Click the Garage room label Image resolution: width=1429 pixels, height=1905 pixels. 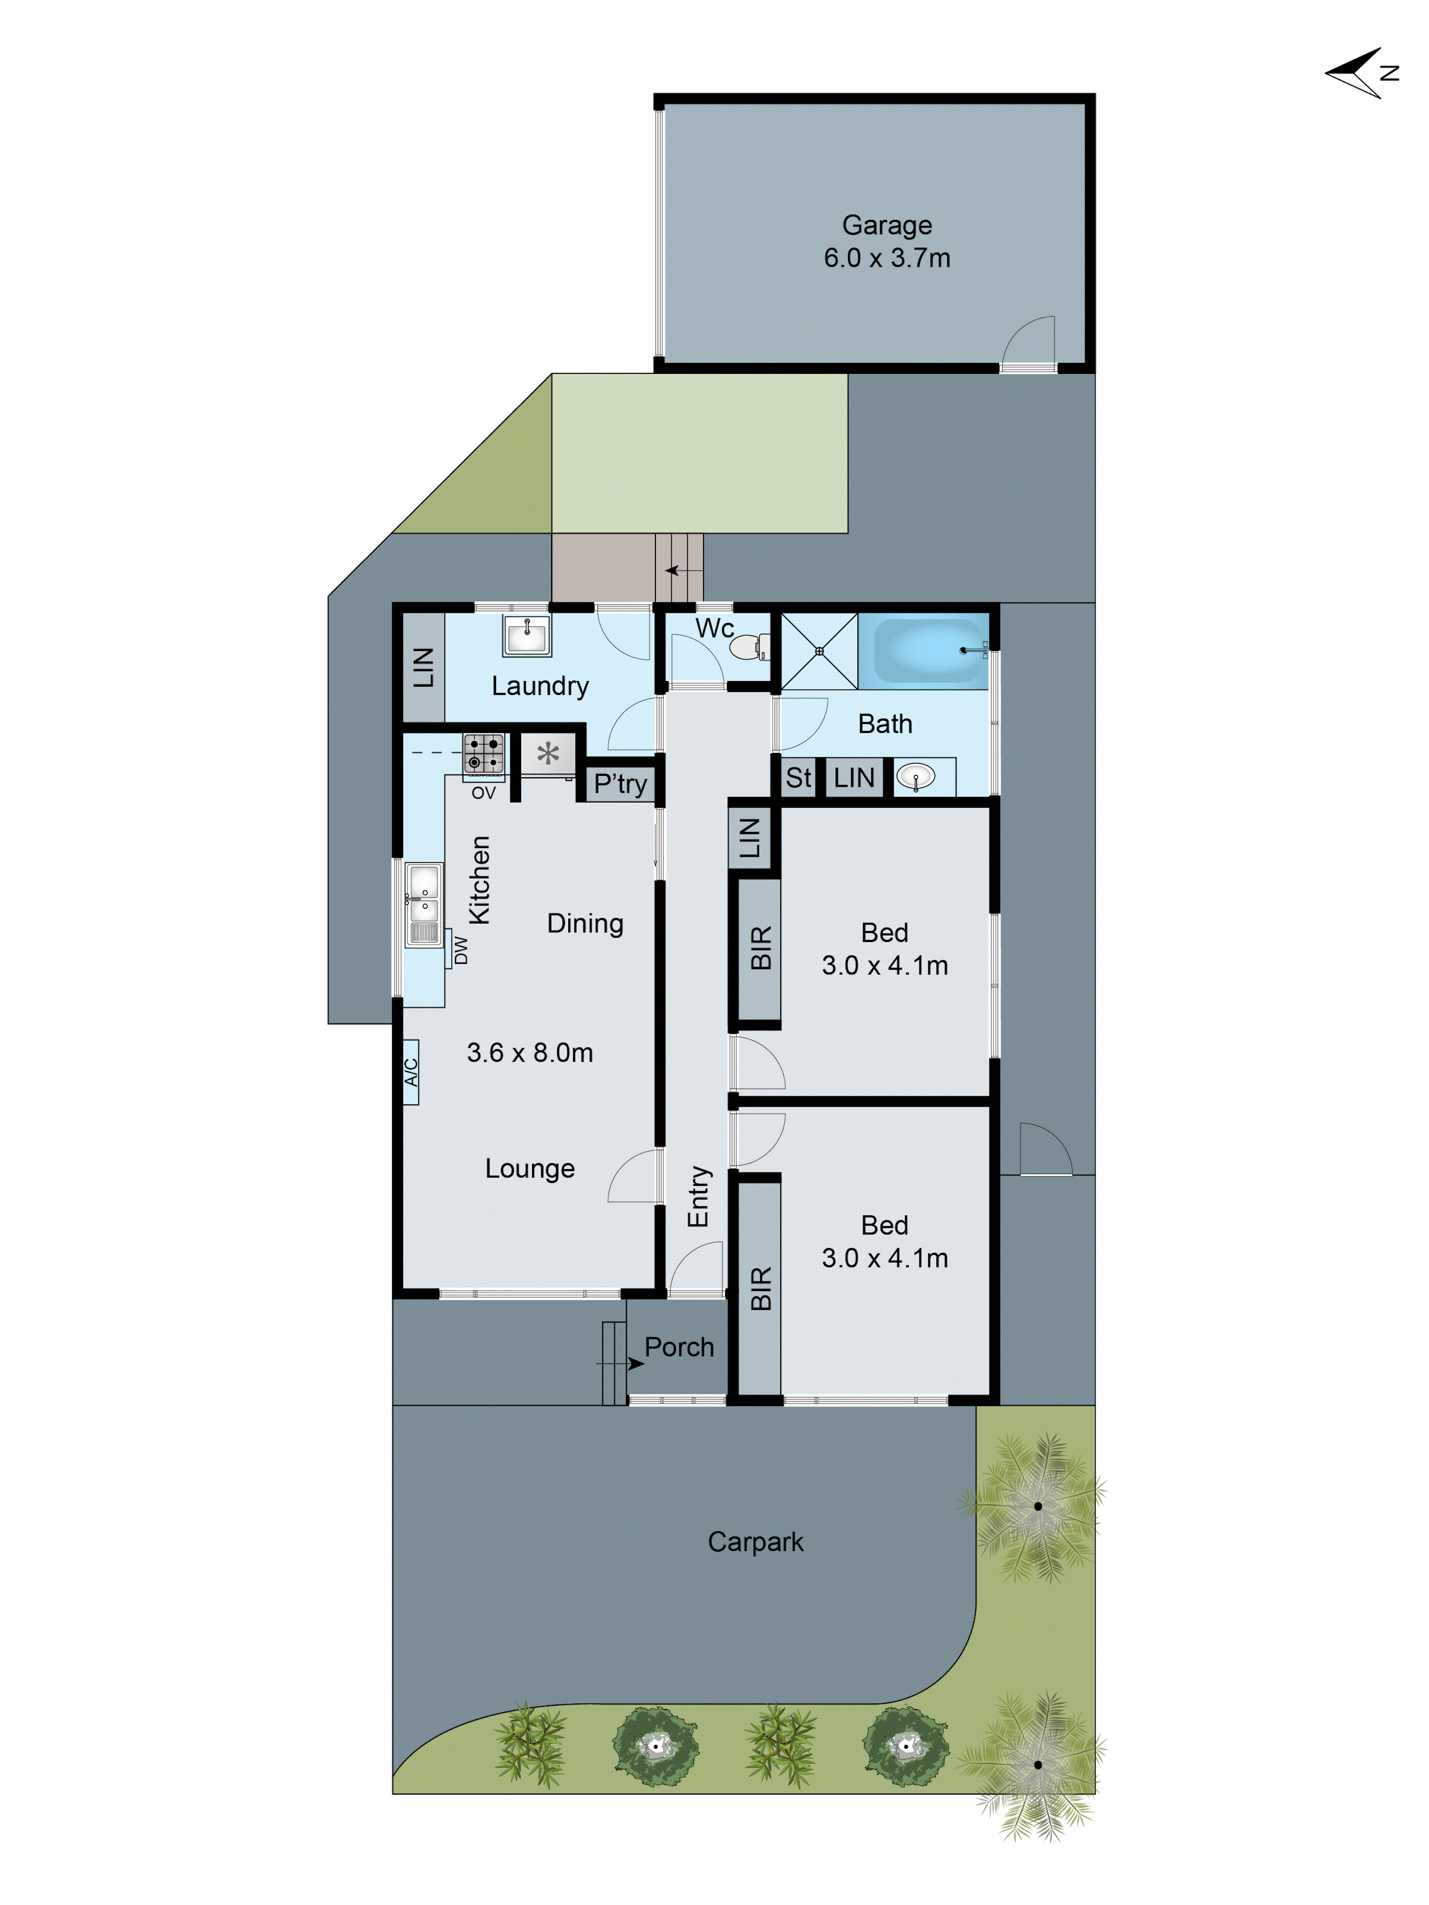coord(886,225)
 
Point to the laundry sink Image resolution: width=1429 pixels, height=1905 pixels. coord(526,636)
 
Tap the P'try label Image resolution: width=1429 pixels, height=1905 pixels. coord(620,784)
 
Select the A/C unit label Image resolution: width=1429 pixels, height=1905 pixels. coord(412,1072)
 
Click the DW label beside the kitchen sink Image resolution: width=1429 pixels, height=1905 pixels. coord(461,950)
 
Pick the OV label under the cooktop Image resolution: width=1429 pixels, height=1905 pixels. coord(483,792)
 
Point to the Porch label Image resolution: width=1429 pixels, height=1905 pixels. coord(679,1347)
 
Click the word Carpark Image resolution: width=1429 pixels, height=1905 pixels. coord(755,1541)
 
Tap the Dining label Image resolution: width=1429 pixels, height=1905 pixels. coord(585,923)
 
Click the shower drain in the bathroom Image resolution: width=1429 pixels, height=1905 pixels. coord(819,651)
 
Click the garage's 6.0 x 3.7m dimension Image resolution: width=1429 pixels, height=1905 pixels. coord(886,258)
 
